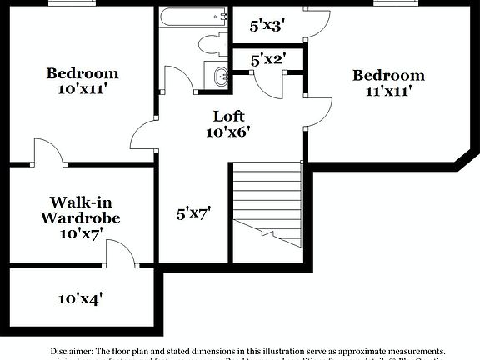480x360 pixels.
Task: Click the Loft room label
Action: pos(227,116)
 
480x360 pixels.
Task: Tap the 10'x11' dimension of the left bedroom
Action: pos(82,87)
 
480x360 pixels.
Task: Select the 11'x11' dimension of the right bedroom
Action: pos(388,91)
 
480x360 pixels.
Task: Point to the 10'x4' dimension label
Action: pos(81,297)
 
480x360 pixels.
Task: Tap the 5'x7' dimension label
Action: pos(193,213)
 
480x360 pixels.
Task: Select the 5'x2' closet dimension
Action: pos(269,60)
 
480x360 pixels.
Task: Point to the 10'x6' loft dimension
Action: pos(227,131)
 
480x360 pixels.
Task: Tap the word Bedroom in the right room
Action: pos(388,76)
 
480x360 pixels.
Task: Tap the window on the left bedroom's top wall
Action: pos(71,2)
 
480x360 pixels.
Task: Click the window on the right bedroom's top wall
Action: pos(396,2)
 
